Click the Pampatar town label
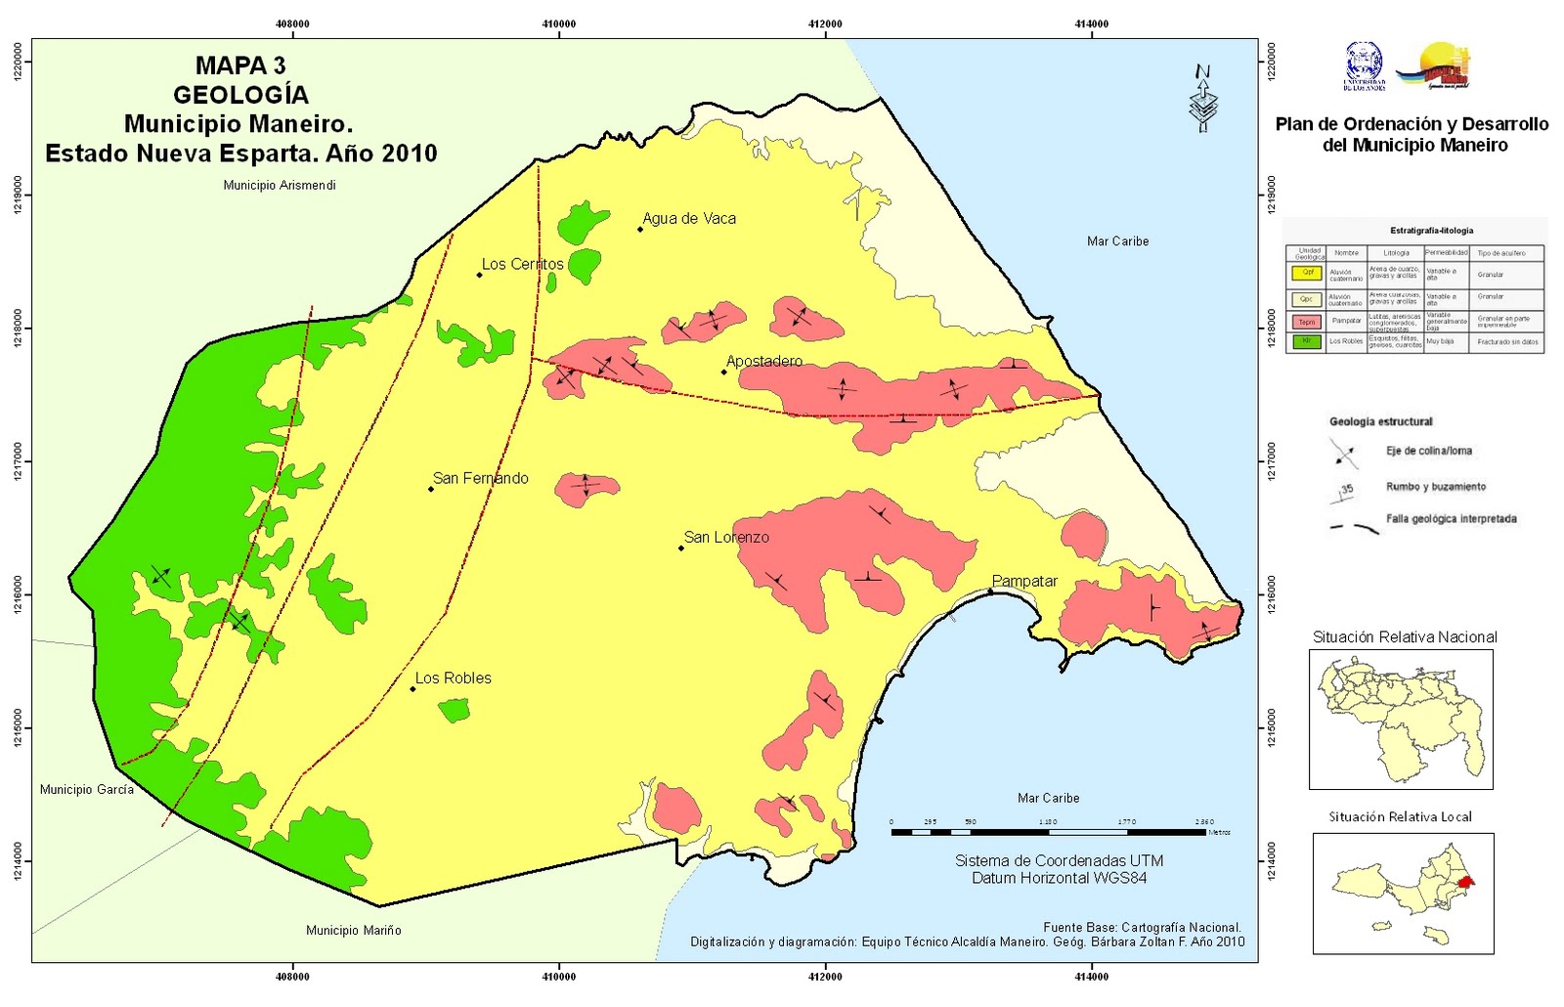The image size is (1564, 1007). (x=1024, y=581)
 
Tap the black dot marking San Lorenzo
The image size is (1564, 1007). (x=681, y=547)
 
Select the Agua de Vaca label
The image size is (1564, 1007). (x=689, y=218)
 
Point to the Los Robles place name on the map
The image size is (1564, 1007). (x=453, y=678)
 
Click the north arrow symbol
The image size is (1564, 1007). (x=1203, y=98)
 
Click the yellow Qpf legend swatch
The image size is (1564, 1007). (x=1307, y=274)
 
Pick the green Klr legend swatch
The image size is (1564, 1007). (x=1307, y=341)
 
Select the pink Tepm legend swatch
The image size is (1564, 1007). (x=1307, y=321)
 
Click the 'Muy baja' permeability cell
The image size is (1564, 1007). (x=1440, y=342)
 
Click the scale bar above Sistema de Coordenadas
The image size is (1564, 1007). (x=1048, y=832)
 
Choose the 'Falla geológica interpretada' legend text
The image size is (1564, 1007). (x=1451, y=519)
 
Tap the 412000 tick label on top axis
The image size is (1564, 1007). (x=825, y=23)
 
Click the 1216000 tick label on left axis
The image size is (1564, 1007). (x=18, y=594)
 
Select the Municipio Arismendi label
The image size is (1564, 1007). (x=279, y=185)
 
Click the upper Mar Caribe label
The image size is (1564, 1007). (x=1117, y=241)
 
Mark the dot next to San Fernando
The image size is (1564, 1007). (x=431, y=489)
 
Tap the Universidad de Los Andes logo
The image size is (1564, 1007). (x=1364, y=66)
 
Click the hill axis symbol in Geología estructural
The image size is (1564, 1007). (x=1343, y=453)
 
